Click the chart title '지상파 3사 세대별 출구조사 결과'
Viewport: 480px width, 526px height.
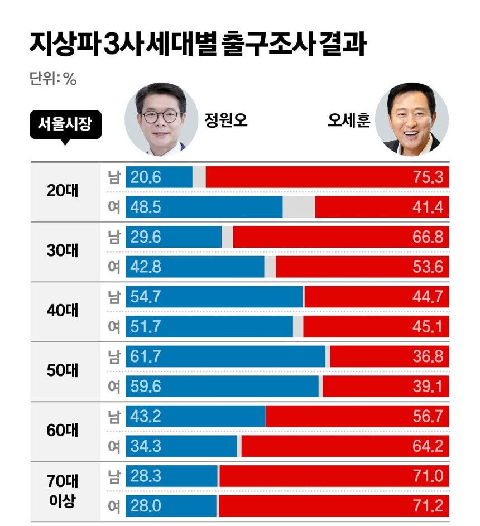point(198,44)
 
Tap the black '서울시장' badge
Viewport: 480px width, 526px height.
point(65,125)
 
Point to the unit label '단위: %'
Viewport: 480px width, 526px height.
point(53,79)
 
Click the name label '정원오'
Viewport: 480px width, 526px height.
point(226,120)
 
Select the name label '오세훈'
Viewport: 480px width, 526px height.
point(349,120)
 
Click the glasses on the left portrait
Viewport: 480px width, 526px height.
point(161,116)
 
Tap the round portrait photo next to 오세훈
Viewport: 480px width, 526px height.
point(412,119)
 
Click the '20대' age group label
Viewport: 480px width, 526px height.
point(63,191)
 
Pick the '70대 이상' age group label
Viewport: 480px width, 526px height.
point(63,491)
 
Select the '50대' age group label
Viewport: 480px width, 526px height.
point(63,371)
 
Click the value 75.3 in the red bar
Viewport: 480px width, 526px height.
point(428,177)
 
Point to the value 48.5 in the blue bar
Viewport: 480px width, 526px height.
point(146,207)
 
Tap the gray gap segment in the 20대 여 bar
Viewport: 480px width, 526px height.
point(299,207)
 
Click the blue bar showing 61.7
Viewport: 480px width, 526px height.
point(225,356)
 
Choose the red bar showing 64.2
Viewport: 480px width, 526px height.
point(345,446)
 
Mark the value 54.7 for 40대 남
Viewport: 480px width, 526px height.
point(146,297)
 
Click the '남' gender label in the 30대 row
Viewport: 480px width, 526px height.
point(114,237)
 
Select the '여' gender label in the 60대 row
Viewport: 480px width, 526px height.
point(114,446)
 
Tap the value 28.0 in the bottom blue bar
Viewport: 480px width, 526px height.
point(146,506)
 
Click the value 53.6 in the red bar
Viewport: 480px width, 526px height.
point(428,267)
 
